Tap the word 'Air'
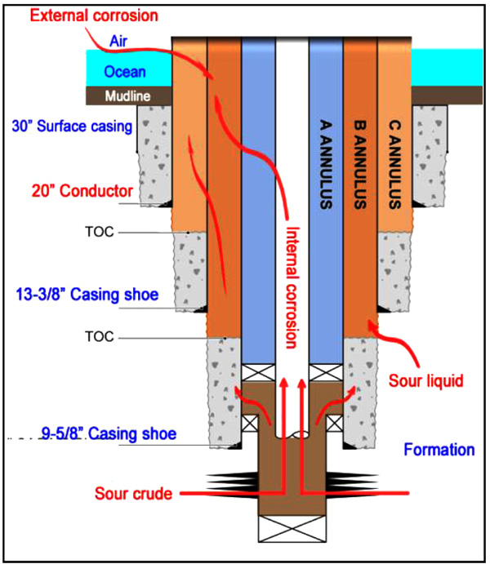point(118,40)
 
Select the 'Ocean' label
point(125,73)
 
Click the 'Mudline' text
point(128,96)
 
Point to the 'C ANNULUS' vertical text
point(393,164)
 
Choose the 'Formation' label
point(439,450)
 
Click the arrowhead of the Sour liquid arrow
point(372,327)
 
